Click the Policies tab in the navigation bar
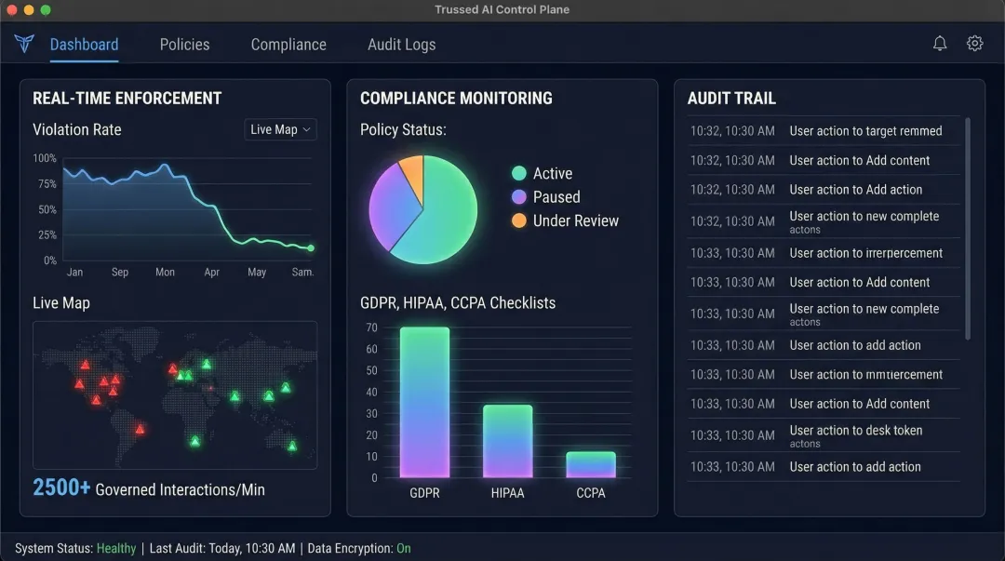point(184,45)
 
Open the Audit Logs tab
point(401,45)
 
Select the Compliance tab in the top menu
point(288,45)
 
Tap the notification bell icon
point(940,44)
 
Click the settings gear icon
point(974,44)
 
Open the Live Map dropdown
point(280,129)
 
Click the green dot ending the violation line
point(311,248)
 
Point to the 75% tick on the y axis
point(47,184)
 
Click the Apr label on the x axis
point(211,273)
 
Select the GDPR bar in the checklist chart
point(424,402)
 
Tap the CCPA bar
point(591,464)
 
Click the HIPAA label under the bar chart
point(507,493)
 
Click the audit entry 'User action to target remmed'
point(865,131)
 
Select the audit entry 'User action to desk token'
point(856,431)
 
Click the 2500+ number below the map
point(61,488)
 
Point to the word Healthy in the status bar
point(116,549)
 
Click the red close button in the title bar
point(12,9)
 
